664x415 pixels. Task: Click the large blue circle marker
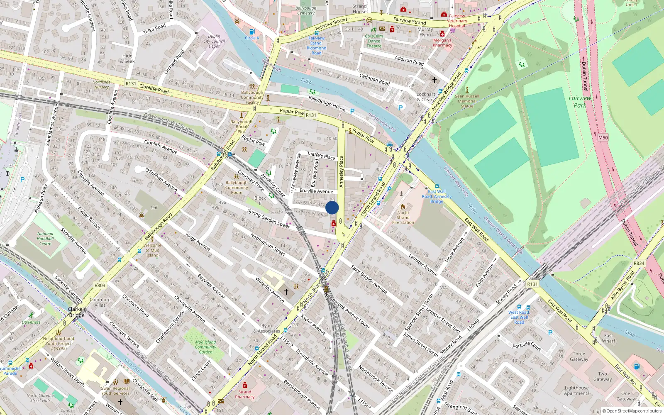[x=332, y=208]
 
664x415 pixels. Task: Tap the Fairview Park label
[x=580, y=102]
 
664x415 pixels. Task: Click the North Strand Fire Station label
[x=403, y=217]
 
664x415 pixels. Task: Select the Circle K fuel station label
[x=252, y=38]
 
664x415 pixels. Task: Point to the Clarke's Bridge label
[x=77, y=312]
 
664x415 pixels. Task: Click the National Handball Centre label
[x=45, y=239]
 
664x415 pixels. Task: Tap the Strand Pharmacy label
[x=245, y=394]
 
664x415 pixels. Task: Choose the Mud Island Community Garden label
[x=205, y=347]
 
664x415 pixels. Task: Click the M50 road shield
[x=603, y=137]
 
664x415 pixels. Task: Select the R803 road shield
[x=100, y=286]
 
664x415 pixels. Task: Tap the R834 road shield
[x=639, y=263]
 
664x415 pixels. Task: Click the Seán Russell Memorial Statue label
[x=467, y=101]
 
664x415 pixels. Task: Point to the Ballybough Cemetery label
[x=306, y=10]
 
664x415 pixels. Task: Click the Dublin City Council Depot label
[x=214, y=41]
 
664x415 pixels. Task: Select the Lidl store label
[x=154, y=207]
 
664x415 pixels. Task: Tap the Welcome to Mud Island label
[x=152, y=250]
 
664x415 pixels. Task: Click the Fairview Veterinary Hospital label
[x=457, y=21]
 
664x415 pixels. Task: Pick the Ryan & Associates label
[x=267, y=328]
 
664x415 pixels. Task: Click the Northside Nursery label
[x=101, y=85]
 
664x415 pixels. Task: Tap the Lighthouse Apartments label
[x=576, y=391]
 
